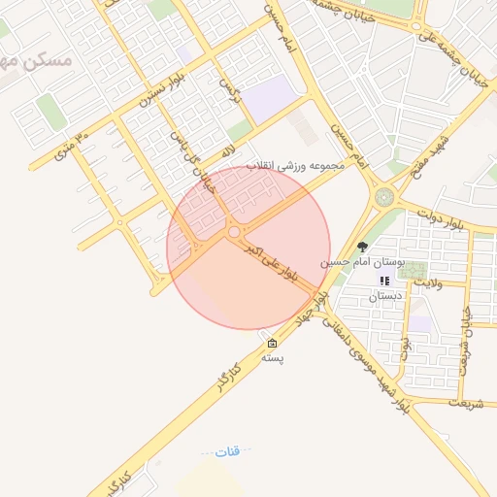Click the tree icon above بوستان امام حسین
coord(363,248)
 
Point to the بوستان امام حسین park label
coord(362,263)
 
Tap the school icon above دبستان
coord(384,281)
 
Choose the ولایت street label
coord(427,283)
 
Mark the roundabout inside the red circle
coord(233,232)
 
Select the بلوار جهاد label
coord(310,312)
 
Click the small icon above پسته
coord(272,344)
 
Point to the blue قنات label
coord(226,451)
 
